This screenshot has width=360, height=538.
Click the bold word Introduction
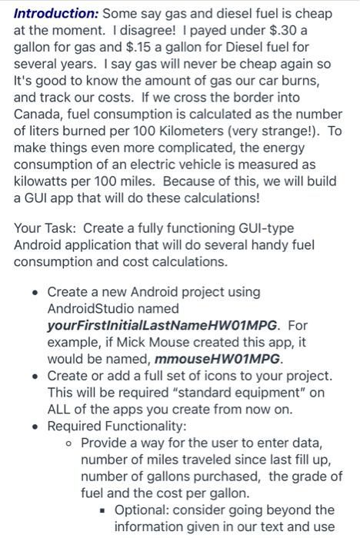(55, 14)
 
